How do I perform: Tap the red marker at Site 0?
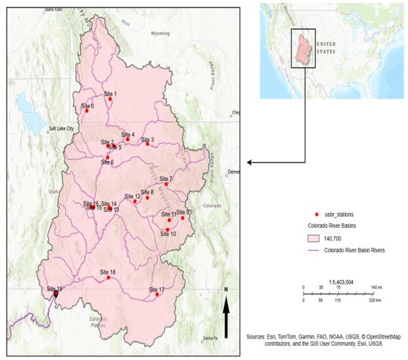tap(86, 111)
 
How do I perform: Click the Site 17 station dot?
tap(157, 295)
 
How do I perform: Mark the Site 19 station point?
tap(56, 294)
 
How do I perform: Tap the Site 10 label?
tap(168, 234)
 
